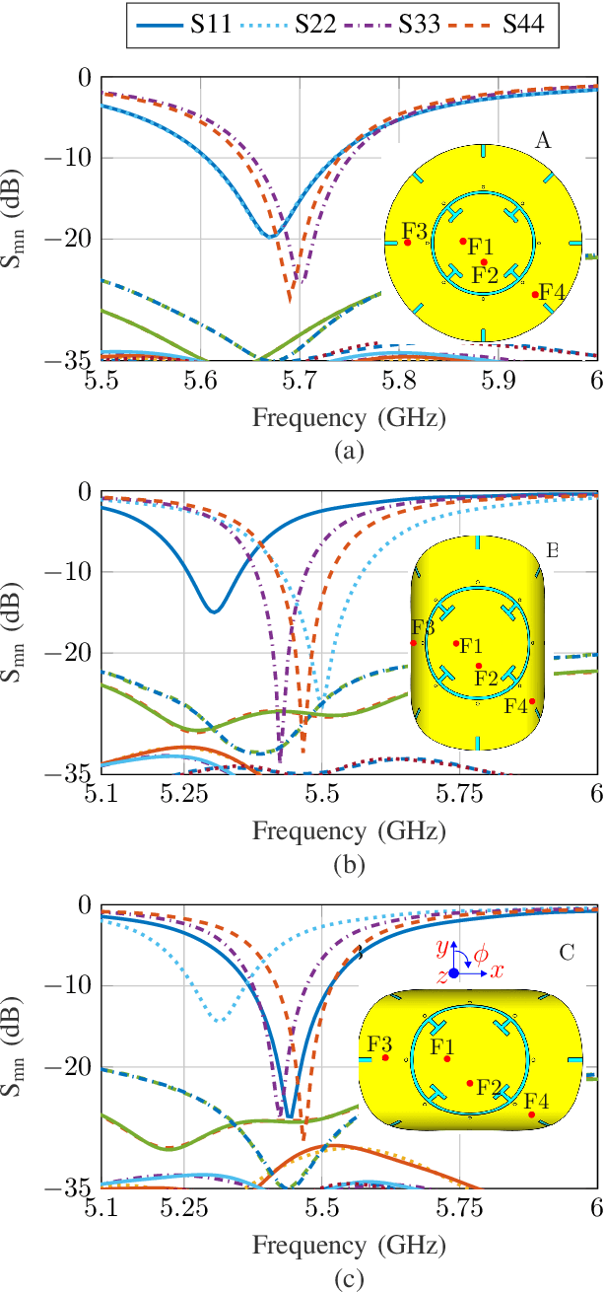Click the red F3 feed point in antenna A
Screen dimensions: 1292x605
click(x=408, y=243)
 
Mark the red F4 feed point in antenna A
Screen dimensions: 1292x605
click(x=535, y=295)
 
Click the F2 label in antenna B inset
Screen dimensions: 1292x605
click(x=485, y=679)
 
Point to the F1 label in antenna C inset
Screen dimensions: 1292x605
click(x=442, y=1044)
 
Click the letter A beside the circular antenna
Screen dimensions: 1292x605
click(x=542, y=142)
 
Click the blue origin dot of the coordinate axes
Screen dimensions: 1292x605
click(x=453, y=973)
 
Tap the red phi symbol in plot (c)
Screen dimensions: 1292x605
click(x=480, y=954)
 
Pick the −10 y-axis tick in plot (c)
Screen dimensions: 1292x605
click(x=77, y=986)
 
